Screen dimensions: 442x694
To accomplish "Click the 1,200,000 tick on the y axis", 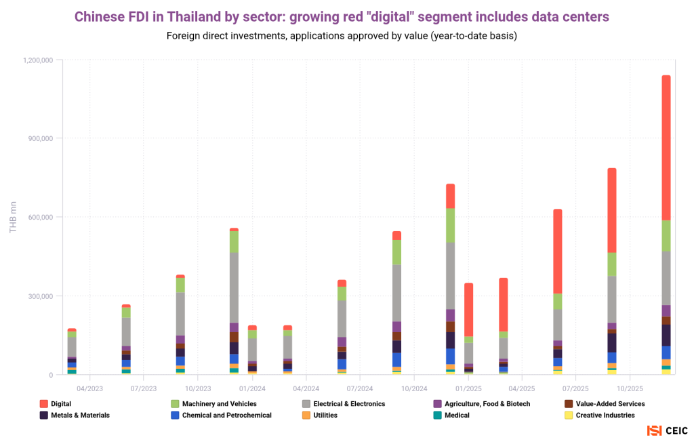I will pyautogui.click(x=38, y=60).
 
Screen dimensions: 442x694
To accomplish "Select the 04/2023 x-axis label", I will pyautogui.click(x=89, y=388).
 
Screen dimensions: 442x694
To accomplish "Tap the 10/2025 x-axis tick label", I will pyautogui.click(x=630, y=388).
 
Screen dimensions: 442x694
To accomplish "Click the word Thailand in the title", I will pyautogui.click(x=192, y=15).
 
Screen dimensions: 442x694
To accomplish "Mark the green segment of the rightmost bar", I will pyautogui.click(x=666, y=236).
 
